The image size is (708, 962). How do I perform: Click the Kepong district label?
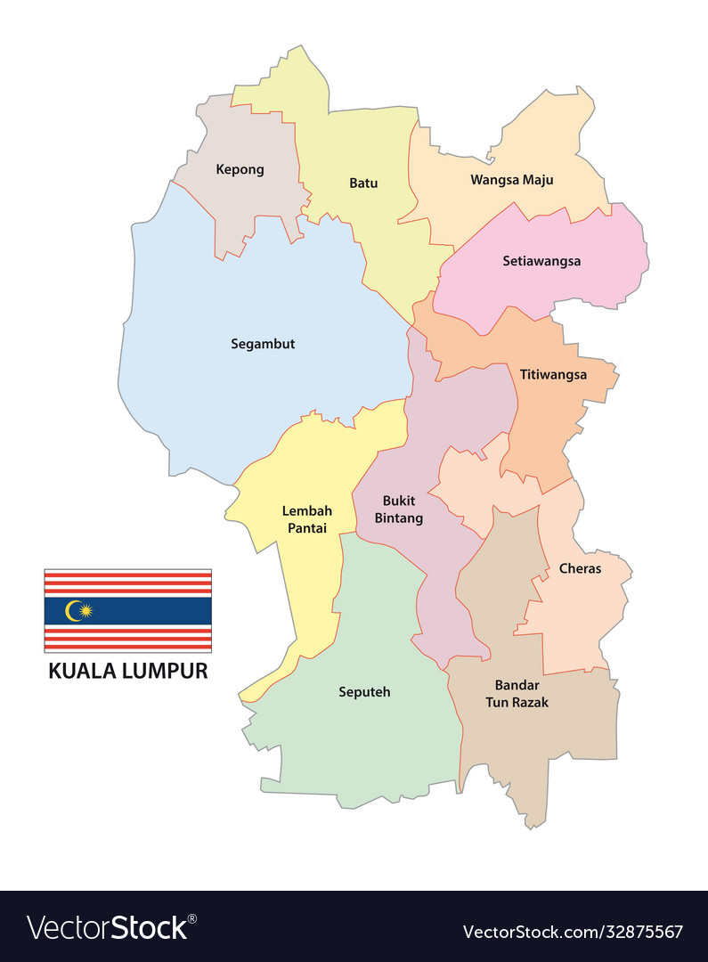[x=240, y=169]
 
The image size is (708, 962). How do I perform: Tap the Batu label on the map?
[x=363, y=183]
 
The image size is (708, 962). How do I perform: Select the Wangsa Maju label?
[x=511, y=180]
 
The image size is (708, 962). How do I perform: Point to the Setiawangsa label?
[x=541, y=261]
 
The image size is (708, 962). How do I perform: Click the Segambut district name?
[x=263, y=344]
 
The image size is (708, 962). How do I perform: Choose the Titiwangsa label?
[x=553, y=375]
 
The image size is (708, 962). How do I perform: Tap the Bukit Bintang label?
[x=399, y=509]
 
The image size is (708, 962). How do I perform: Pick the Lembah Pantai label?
[x=306, y=519]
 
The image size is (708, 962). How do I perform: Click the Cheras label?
[x=580, y=568]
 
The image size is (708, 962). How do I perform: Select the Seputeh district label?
[x=364, y=691]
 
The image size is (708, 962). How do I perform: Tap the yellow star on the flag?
[x=85, y=610]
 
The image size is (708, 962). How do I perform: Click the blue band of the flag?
[x=151, y=611]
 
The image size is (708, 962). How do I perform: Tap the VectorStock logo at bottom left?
[x=111, y=928]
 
